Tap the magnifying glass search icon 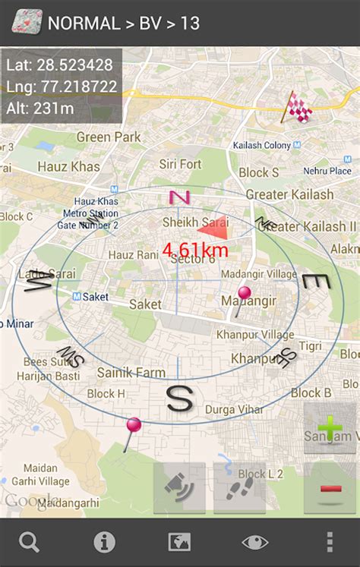30,542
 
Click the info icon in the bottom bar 104,542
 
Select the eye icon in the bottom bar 255,542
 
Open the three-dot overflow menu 329,542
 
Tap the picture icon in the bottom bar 179,542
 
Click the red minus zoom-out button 330,488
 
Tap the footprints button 239,488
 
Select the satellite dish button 179,488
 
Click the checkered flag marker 298,108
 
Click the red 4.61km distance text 195,249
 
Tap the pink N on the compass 179,197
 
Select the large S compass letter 179,398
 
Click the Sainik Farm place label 131,373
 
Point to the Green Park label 109,137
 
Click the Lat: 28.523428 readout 59,65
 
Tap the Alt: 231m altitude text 40,108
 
